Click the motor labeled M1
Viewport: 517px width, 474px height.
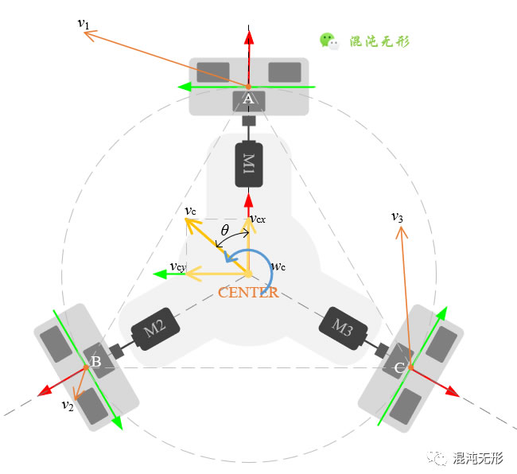249,164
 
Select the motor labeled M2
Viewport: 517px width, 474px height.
155,328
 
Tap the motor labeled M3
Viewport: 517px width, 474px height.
344,328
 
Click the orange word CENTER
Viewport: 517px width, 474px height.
248,293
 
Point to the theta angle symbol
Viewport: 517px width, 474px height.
225,230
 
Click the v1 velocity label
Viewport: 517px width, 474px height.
84,24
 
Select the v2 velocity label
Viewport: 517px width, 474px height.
68,405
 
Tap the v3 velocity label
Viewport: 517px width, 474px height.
397,217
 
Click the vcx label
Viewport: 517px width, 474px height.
258,219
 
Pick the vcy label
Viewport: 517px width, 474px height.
178,267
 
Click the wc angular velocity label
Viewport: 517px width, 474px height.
278,266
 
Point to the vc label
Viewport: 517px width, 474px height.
190,211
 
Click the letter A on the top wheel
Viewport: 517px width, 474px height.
248,99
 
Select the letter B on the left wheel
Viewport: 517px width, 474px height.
96,362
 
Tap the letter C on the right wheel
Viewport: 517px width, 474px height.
399,367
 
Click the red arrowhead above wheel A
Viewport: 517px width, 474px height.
249,37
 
